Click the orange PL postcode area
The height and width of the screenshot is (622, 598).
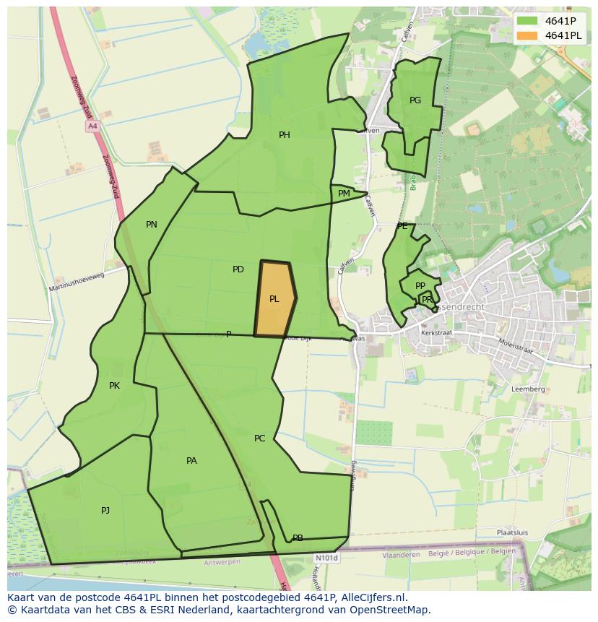point(274,299)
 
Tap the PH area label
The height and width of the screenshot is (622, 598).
point(285,135)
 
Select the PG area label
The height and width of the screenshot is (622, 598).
point(415,100)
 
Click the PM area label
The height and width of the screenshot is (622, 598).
point(344,194)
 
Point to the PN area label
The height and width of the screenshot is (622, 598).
point(152,225)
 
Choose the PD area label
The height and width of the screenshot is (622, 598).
point(238,269)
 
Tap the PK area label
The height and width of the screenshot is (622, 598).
point(114,386)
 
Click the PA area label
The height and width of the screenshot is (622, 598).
point(191,461)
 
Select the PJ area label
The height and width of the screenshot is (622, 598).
point(105,511)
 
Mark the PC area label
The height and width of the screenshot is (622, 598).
point(260,439)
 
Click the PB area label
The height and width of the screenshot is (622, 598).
point(298,538)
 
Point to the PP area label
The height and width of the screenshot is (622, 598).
point(420,286)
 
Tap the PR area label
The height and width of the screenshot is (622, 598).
point(427,300)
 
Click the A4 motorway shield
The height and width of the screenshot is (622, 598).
point(92,126)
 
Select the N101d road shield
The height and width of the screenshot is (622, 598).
point(326,558)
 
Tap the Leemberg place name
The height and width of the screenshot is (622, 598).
point(528,389)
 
